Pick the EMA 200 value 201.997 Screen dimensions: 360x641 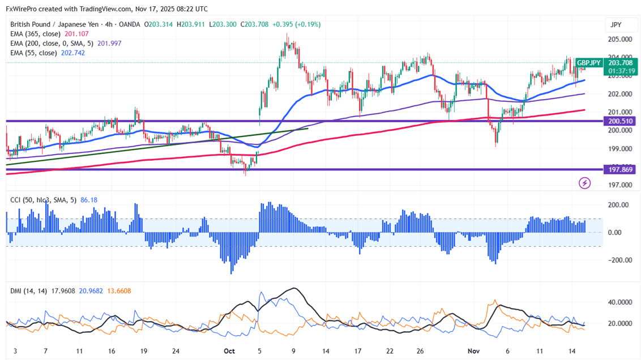(109, 44)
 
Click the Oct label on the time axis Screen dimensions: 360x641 (229, 351)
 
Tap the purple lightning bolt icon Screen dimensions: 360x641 (584, 183)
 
